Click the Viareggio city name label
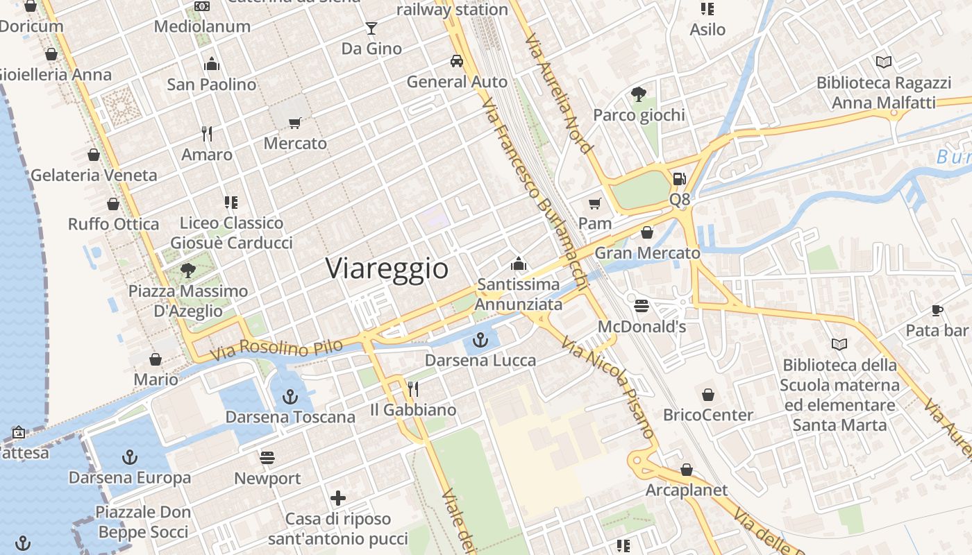387,268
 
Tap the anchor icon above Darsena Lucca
480,340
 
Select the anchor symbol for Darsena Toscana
290,397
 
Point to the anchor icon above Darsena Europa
129,457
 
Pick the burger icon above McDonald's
642,306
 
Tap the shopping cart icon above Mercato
295,123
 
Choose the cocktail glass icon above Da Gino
371,28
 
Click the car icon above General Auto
457,61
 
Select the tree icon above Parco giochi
639,94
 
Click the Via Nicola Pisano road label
609,388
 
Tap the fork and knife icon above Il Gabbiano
413,389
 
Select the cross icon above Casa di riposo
338,498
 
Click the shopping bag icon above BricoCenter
708,395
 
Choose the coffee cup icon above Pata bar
937,310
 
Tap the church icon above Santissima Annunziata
519,264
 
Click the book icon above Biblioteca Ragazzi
883,62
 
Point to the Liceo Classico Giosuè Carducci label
231,232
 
